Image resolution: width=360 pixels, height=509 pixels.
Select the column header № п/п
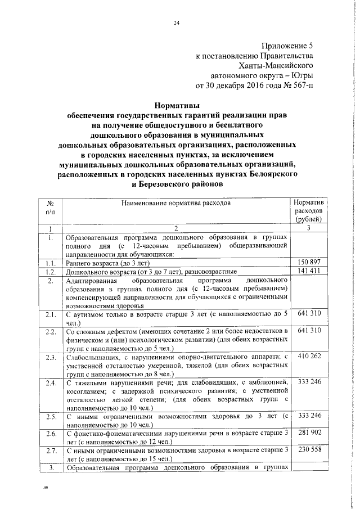click(x=50, y=207)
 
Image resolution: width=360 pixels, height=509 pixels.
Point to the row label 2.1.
click(x=50, y=313)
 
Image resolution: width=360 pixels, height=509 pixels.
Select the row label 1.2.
click(x=50, y=271)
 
